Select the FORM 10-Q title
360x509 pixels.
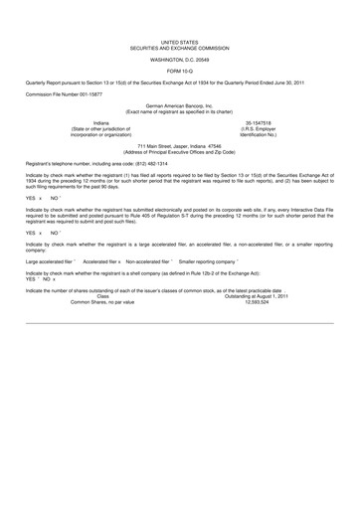179,69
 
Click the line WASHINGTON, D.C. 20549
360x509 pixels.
179,59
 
